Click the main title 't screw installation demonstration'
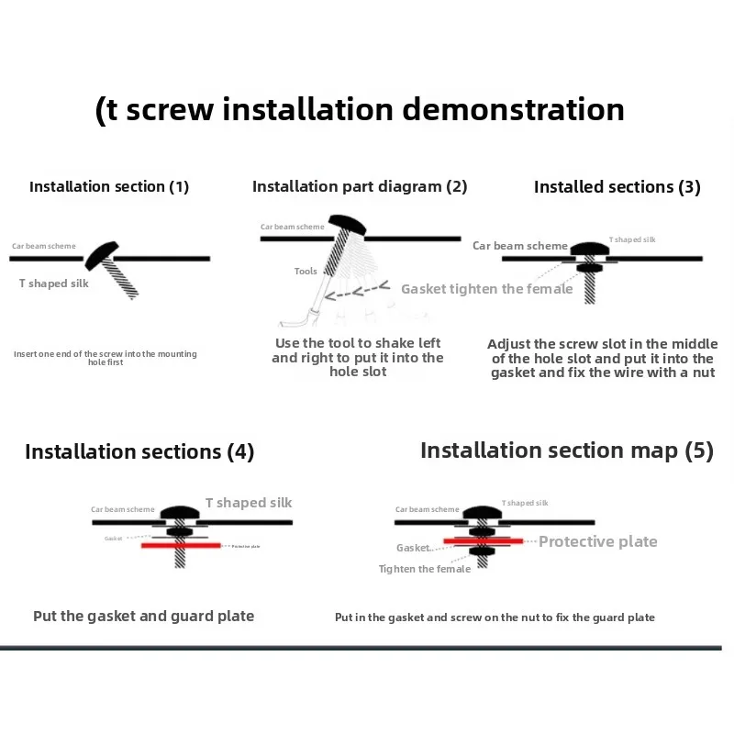360,110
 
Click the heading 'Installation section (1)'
109,186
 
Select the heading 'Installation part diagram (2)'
360,186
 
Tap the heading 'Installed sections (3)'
617,187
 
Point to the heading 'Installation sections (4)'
139,451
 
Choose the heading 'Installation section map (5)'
566,450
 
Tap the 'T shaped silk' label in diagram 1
54,284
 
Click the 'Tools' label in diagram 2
306,272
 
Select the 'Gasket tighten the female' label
486,289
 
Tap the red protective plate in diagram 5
483,541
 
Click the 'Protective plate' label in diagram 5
597,541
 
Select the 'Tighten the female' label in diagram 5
425,569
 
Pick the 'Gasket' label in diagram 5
413,548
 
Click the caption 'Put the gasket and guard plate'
144,616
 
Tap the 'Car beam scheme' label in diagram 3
520,246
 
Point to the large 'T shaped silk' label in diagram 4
249,503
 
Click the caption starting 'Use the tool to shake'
358,357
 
